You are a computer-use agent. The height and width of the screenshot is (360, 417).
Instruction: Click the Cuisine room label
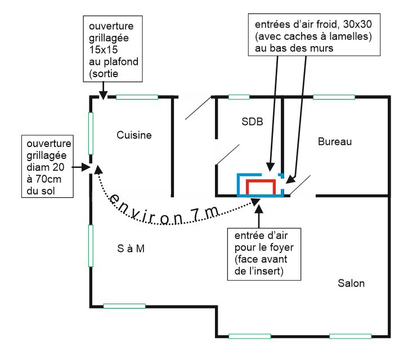[x=134, y=135]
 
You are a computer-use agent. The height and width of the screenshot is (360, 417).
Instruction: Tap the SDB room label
[x=252, y=121]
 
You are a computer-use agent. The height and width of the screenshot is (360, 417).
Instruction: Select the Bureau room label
[x=334, y=141]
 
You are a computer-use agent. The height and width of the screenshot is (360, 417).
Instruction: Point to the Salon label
[x=351, y=283]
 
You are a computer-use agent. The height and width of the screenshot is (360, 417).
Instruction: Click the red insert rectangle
[x=262, y=186]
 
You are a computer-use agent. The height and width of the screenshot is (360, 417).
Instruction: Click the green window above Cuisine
[x=137, y=97]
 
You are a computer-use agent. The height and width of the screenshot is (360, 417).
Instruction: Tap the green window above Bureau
[x=334, y=97]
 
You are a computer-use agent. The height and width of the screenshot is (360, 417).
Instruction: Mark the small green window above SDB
[x=239, y=97]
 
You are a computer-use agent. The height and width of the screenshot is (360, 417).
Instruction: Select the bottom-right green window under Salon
[x=350, y=336]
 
